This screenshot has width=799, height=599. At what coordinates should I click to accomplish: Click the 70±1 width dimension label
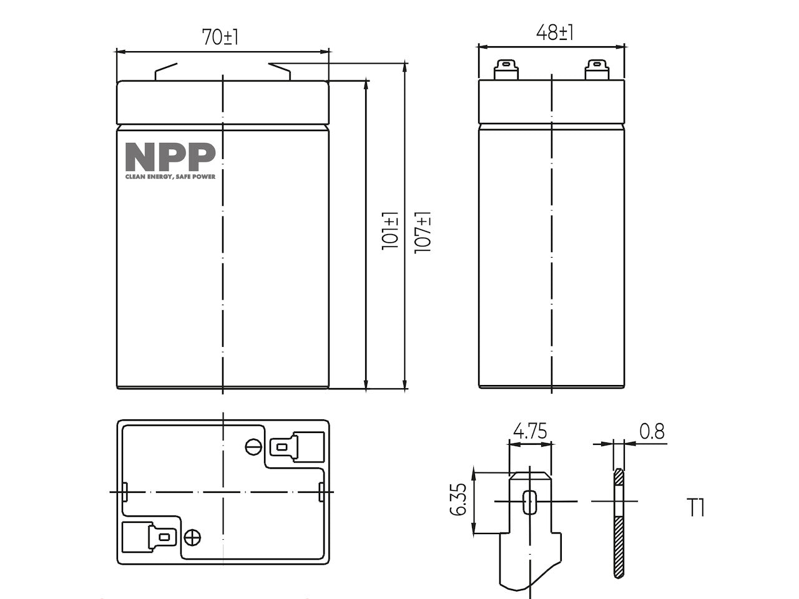click(x=220, y=37)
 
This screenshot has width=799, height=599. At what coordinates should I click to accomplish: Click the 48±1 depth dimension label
click(x=554, y=32)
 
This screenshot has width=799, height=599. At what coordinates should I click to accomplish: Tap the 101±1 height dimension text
click(x=390, y=231)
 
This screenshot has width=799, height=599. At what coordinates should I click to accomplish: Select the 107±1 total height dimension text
click(x=423, y=232)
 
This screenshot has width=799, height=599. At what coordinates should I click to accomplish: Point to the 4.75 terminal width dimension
click(x=530, y=431)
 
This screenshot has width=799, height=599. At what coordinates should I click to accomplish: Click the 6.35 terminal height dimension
click(x=458, y=499)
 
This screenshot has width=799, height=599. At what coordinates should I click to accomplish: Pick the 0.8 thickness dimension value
click(x=652, y=431)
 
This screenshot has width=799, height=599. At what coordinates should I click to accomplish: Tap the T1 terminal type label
click(x=695, y=508)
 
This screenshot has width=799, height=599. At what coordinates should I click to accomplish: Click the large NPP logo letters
click(x=170, y=157)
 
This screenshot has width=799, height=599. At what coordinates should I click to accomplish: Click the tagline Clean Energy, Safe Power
click(x=170, y=177)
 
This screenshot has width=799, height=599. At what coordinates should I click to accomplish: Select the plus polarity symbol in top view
click(x=192, y=537)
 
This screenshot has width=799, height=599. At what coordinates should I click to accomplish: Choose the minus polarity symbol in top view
click(x=253, y=447)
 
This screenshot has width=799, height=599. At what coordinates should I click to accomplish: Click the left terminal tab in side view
click(x=506, y=70)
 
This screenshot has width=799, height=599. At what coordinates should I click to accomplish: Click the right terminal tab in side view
click(x=597, y=70)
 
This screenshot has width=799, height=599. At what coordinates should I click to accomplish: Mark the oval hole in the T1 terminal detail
click(x=529, y=502)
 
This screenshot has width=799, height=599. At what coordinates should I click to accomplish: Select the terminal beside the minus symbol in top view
click(x=297, y=447)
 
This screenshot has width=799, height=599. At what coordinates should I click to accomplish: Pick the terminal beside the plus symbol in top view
click(x=149, y=537)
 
